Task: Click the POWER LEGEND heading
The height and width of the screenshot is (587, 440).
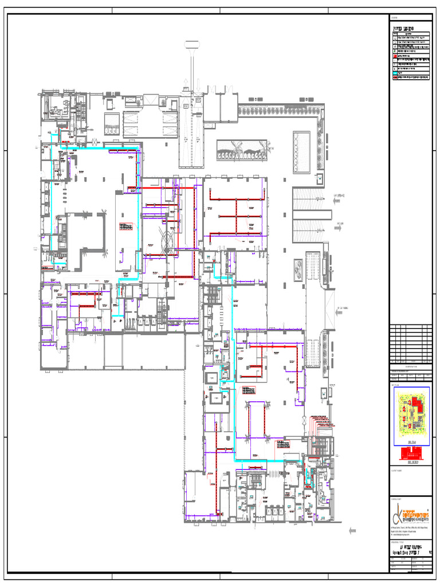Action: click(x=403, y=28)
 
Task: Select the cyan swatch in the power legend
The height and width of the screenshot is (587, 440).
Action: click(x=395, y=72)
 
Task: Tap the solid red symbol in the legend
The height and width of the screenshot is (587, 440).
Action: click(x=395, y=56)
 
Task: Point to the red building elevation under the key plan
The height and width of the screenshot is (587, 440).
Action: click(x=410, y=454)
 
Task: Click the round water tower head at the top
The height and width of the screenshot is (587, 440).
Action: click(x=191, y=45)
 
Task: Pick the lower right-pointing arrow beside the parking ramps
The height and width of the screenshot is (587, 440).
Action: click(x=339, y=225)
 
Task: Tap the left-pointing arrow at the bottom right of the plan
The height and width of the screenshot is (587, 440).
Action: click(x=351, y=530)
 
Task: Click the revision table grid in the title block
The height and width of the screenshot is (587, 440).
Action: click(x=410, y=342)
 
